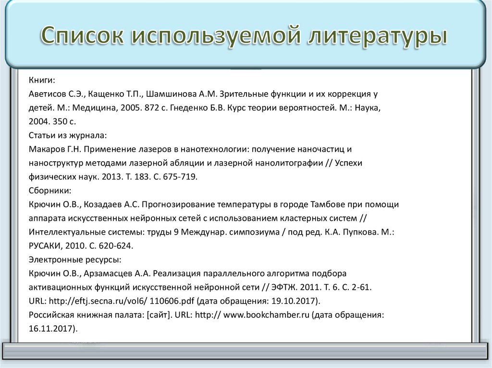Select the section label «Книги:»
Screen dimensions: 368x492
pyautogui.click(x=42, y=80)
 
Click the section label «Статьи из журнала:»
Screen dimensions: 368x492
pyautogui.click(x=68, y=135)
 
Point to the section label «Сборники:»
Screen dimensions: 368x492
pyautogui.click(x=50, y=190)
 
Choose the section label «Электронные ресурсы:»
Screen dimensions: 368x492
pyautogui.click(x=74, y=260)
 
